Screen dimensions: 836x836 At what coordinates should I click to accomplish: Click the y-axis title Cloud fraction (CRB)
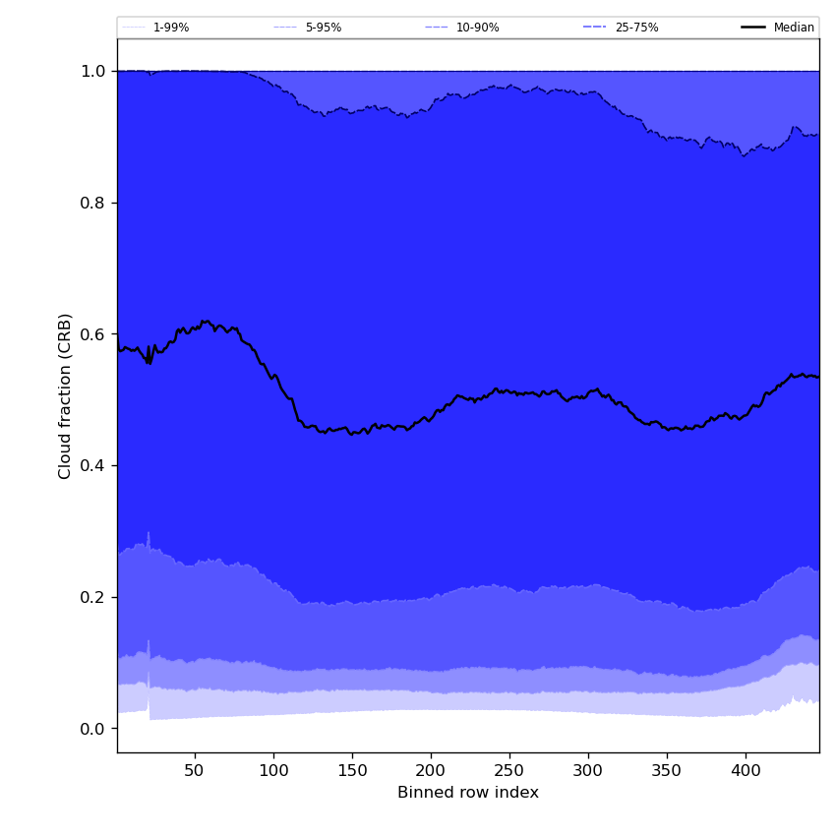pyautogui.click(x=66, y=395)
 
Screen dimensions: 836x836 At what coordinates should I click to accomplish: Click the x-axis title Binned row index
pyautogui.click(x=468, y=793)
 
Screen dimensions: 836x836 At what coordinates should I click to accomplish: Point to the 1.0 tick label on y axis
pyautogui.click(x=93, y=71)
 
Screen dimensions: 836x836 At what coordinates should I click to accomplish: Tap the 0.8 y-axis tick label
pyautogui.click(x=93, y=203)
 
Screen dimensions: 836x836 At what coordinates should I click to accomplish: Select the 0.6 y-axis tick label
pyautogui.click(x=93, y=334)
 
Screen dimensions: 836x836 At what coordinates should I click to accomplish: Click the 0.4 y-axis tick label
pyautogui.click(x=93, y=465)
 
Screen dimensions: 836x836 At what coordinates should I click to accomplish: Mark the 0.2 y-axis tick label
pyautogui.click(x=93, y=597)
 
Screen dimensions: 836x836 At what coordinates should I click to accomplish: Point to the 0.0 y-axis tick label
pyautogui.click(x=93, y=729)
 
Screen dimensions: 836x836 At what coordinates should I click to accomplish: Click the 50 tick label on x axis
pyautogui.click(x=195, y=769)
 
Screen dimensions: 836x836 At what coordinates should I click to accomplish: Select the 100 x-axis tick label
pyautogui.click(x=273, y=769)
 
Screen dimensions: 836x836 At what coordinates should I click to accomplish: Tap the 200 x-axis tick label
pyautogui.click(x=431, y=769)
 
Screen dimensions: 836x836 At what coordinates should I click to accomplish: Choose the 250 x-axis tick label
pyautogui.click(x=509, y=769)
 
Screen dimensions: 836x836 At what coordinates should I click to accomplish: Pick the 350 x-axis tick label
pyautogui.click(x=667, y=769)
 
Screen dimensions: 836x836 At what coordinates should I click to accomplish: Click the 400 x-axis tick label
pyautogui.click(x=746, y=769)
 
